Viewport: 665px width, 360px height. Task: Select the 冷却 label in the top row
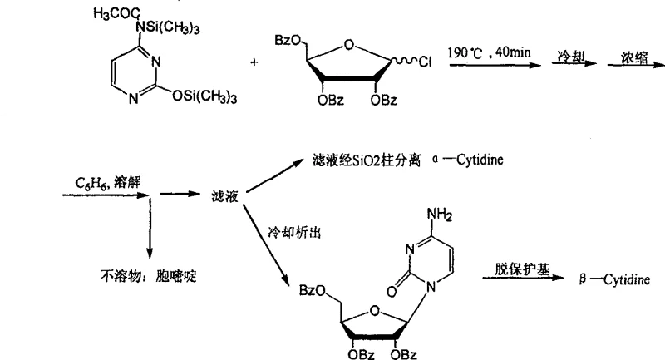(x=570, y=55)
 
